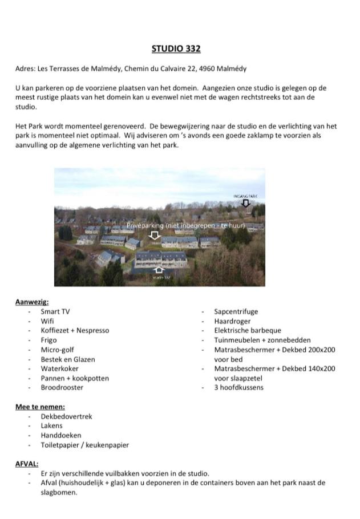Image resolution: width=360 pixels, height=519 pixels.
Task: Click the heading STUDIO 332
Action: point(176,49)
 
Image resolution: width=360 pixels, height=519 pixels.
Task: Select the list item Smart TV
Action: point(55,311)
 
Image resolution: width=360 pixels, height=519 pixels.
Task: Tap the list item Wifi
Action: point(47,321)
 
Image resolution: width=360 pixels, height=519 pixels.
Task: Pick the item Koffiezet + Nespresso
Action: point(75,330)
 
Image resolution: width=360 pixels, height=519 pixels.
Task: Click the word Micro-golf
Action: point(57,350)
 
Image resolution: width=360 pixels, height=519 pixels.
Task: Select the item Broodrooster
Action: point(62,387)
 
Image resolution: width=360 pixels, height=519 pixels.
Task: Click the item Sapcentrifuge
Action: point(236,311)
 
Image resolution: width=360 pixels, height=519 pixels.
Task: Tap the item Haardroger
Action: point(232,321)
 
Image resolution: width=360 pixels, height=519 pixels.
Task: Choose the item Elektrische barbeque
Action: point(248,330)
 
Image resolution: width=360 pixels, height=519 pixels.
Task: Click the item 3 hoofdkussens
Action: point(238,387)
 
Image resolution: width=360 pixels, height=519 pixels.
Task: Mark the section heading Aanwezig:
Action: point(32,302)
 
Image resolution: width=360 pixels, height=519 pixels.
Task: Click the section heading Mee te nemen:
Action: point(40,407)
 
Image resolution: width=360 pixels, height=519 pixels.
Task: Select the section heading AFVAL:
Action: point(27,464)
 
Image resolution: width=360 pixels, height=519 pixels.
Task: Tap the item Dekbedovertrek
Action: point(66,416)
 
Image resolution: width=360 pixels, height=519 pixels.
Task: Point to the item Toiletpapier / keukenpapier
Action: point(84,445)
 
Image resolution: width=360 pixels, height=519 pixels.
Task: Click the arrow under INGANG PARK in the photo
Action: point(246,203)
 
